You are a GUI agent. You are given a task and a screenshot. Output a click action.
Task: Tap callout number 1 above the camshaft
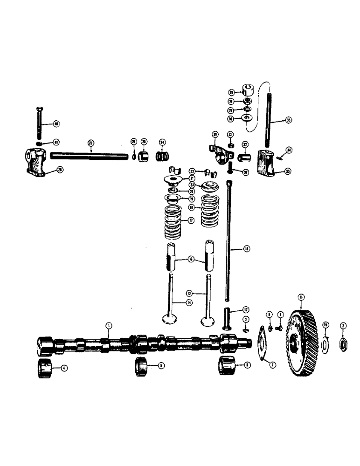(x=108, y=325)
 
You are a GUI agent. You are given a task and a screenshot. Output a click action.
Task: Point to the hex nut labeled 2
(x=342, y=344)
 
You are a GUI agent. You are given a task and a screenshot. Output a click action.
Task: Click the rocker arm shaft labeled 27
(x=88, y=155)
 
